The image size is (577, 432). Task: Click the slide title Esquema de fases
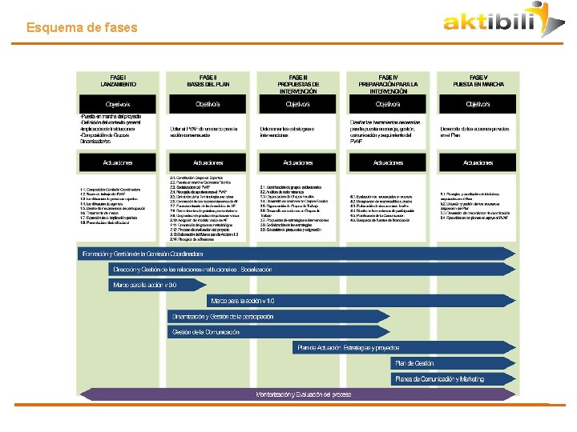82,28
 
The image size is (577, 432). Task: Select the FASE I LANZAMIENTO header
118,80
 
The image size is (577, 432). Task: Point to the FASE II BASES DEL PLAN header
208,80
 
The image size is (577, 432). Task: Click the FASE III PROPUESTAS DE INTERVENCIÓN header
298,83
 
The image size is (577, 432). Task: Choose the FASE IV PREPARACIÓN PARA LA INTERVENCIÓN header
388,83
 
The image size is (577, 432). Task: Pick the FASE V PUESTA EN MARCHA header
478,80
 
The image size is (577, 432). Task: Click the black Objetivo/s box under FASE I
118,105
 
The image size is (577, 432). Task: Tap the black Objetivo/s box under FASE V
478,105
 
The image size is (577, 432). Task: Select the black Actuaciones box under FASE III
298,162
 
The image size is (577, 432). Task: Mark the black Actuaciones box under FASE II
208,162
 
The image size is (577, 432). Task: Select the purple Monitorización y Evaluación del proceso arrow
305,394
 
